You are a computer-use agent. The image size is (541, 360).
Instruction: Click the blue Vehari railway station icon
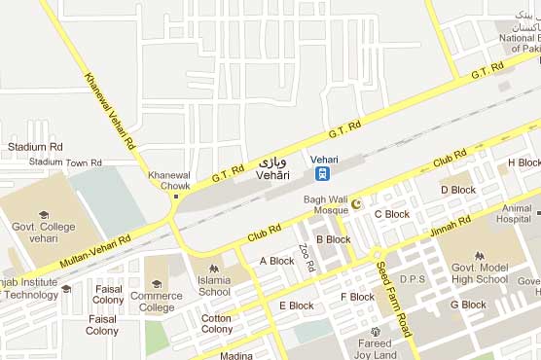tap(321, 175)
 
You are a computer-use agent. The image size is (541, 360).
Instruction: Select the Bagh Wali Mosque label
tap(325, 205)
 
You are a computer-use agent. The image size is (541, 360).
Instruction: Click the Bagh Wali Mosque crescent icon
tap(355, 203)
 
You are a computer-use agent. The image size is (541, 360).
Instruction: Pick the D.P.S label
tap(413, 278)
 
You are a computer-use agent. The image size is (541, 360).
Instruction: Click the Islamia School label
tap(214, 286)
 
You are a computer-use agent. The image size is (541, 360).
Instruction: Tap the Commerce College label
tap(157, 302)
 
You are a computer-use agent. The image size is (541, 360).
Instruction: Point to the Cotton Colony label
tap(216, 323)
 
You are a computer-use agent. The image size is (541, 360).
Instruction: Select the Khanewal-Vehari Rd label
tap(109, 111)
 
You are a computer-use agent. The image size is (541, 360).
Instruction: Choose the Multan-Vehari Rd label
tap(96, 246)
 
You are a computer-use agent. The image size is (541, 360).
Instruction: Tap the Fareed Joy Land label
tap(374, 348)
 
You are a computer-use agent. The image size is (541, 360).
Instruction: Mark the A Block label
tap(276, 261)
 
